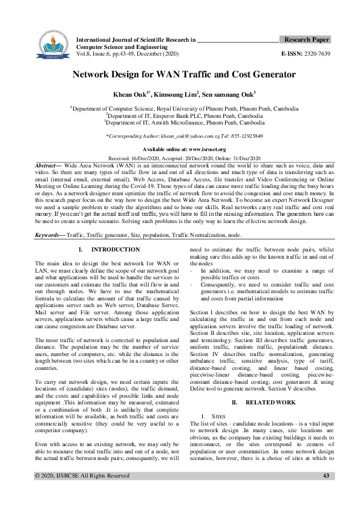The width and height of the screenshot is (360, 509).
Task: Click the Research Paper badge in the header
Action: coord(306,39)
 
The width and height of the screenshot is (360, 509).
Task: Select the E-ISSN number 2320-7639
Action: coord(315,54)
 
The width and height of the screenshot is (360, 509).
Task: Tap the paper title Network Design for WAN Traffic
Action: coord(184,75)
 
